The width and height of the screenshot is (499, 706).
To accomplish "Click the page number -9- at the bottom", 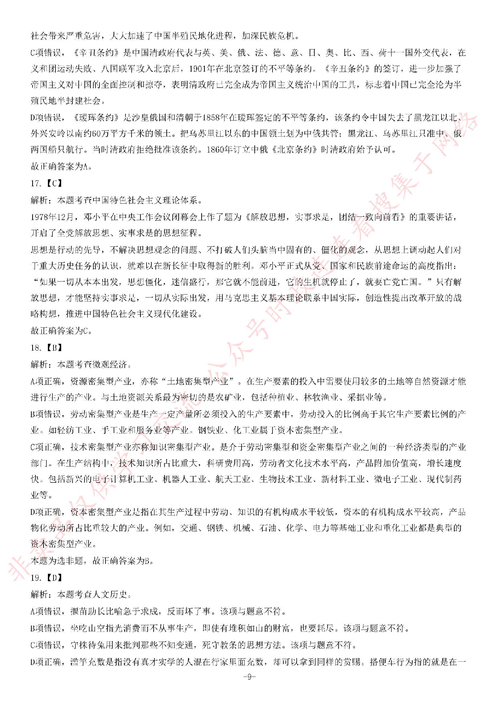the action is pos(249,677).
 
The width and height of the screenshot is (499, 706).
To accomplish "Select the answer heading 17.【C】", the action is pos(47,183).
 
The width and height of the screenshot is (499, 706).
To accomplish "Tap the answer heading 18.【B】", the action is pos(47,348).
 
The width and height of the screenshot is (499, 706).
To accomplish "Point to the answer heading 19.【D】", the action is pos(47,578).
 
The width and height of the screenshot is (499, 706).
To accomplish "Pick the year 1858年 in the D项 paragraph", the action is pos(216,118).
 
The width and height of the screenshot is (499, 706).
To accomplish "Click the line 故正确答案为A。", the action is pos(62,166).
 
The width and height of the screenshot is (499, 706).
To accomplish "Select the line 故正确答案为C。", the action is pos(62,331).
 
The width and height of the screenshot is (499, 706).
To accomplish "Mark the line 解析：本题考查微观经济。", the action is pos(81,364).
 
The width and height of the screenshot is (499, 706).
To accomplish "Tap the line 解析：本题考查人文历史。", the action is pos(81,594).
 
